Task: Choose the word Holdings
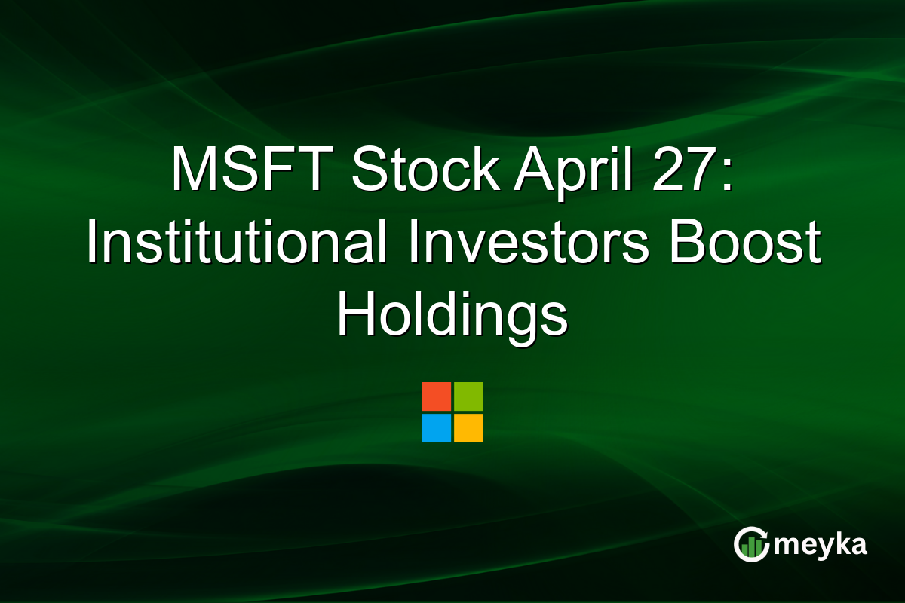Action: point(452,317)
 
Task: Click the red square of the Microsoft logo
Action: point(437,396)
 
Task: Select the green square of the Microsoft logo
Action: point(468,396)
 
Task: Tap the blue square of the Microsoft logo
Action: point(437,428)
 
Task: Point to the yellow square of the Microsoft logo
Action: point(468,428)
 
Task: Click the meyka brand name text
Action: point(821,544)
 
